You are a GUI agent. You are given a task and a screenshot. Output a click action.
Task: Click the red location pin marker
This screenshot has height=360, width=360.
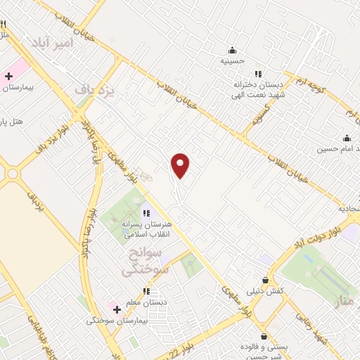[181, 165]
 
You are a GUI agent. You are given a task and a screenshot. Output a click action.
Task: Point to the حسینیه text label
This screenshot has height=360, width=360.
[231, 61]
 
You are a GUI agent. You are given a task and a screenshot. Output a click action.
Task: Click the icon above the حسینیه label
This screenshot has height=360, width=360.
[232, 50]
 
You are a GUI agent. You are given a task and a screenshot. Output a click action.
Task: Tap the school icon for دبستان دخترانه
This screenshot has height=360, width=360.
[258, 74]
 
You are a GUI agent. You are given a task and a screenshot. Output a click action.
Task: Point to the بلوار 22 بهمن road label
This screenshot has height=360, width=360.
[186, 337]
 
